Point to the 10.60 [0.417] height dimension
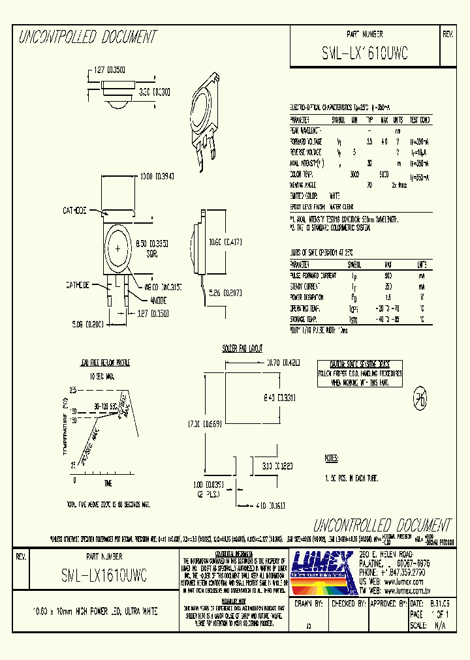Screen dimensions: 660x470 (x=226, y=243)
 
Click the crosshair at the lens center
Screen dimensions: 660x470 (x=118, y=249)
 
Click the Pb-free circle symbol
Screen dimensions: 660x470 (x=419, y=399)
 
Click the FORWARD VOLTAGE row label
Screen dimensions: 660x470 (x=307, y=141)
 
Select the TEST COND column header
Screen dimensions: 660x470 (x=419, y=120)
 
